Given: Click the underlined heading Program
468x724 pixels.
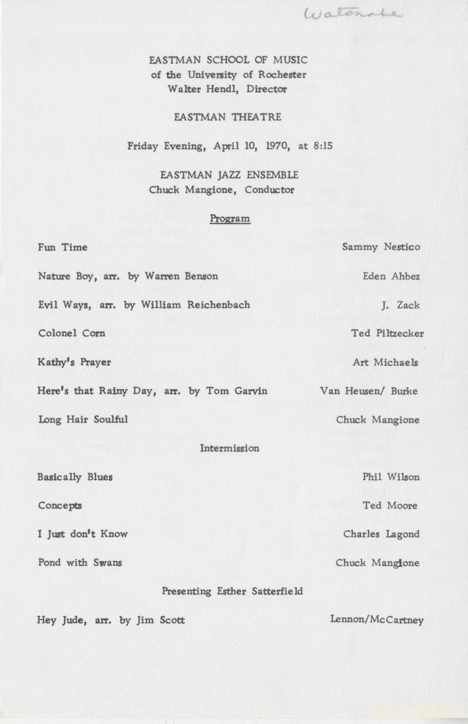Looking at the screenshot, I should tap(230, 219).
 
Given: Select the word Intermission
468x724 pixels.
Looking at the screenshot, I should tap(229, 448).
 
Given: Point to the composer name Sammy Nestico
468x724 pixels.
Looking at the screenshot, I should tap(381, 247).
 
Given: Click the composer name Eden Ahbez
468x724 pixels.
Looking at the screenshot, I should tap(391, 276).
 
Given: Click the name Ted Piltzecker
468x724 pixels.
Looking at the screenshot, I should tap(387, 334).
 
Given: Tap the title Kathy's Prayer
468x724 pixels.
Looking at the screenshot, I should tap(74, 363).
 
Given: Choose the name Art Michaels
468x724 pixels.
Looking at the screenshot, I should tap(386, 363).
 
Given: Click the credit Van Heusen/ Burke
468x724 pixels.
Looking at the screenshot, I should tap(368, 391).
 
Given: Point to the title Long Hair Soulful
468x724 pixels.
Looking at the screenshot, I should tap(82, 419).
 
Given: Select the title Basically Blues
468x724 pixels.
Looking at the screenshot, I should tap(74, 477).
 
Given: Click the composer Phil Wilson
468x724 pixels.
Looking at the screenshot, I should tap(391, 477).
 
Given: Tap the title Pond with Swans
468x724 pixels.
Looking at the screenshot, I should tap(79, 563).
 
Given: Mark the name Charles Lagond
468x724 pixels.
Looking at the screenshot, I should tap(382, 534).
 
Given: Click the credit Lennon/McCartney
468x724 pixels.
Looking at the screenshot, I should tap(376, 620).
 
